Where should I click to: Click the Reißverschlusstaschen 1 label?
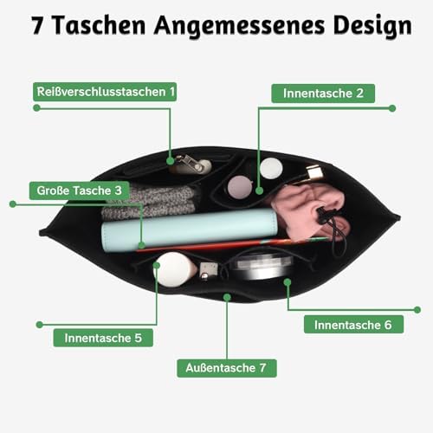click(x=105, y=92)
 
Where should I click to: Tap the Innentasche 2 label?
click(x=323, y=94)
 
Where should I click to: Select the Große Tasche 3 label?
click(x=80, y=191)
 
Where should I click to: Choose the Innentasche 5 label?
click(x=103, y=338)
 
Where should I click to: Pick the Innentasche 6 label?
click(x=353, y=325)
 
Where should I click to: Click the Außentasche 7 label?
click(x=227, y=368)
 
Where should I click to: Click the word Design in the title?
click(x=372, y=27)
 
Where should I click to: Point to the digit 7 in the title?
click(x=37, y=25)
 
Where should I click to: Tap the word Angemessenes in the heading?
click(x=239, y=27)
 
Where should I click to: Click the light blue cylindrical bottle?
click(x=189, y=231)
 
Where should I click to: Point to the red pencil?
click(x=232, y=244)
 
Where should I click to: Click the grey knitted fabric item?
click(x=150, y=202)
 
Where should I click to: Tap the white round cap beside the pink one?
click(x=271, y=168)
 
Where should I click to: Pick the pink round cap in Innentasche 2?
click(x=240, y=188)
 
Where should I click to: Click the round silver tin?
click(x=262, y=266)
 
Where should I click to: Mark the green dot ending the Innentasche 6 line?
click(x=417, y=310)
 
